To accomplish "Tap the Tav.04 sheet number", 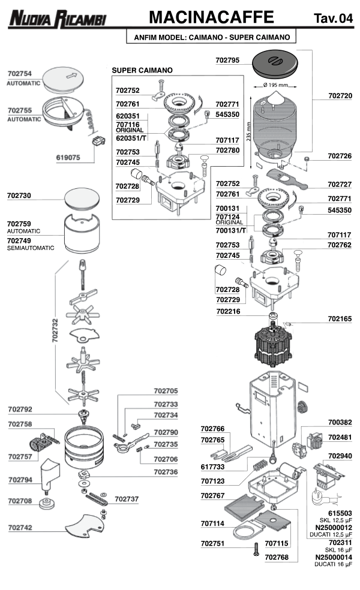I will coord(333,18).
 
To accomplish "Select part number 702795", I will coord(227,60).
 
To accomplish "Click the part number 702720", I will coord(340,96).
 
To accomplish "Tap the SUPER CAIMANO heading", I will coord(142,70).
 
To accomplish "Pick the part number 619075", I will coord(68,161).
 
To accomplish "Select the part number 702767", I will coord(212,496).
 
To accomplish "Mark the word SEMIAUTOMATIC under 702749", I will coord(31,248).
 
